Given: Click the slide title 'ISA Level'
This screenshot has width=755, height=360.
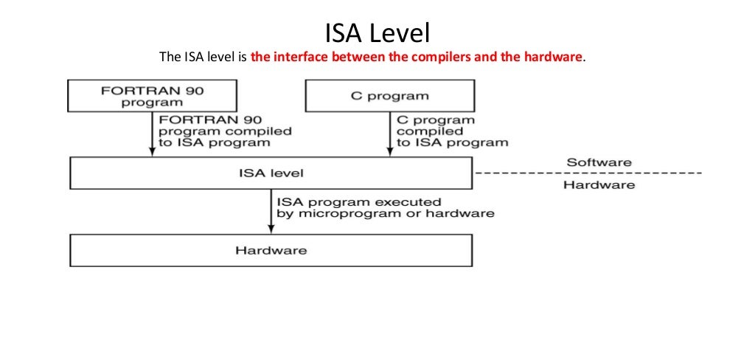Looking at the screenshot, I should pos(377,32).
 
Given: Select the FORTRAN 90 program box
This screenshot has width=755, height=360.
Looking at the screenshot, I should pos(153,96).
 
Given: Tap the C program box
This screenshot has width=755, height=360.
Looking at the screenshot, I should pos(389,96).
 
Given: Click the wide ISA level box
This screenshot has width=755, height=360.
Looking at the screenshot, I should pos(271,173).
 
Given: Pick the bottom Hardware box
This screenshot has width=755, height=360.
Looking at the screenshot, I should pos(271,250).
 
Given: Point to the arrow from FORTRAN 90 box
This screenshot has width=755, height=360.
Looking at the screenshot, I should pos(153,134).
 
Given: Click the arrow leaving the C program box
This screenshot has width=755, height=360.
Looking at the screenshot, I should pos(389,134).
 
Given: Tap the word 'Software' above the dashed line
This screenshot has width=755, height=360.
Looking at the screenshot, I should pos(599,162).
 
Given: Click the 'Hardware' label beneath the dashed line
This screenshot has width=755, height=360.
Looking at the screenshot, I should pos(599,184).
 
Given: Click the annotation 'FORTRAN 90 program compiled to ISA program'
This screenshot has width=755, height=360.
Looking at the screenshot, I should pos(224,131).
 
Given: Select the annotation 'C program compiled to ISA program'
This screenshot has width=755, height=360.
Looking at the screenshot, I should pos(451,131).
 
